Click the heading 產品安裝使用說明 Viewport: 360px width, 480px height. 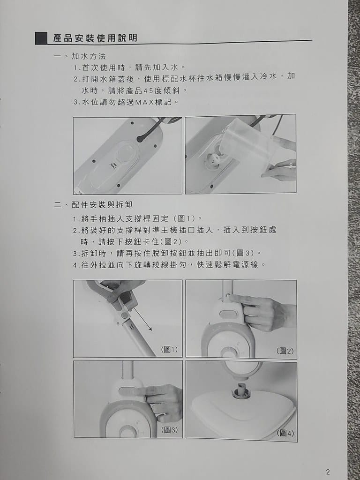95,38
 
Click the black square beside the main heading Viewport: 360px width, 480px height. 41,38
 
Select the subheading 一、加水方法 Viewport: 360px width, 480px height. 80,56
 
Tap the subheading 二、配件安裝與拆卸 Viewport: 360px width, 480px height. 93,204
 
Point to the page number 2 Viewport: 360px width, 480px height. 328,472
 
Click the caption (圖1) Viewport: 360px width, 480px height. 169,350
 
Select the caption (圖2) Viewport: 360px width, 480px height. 285,351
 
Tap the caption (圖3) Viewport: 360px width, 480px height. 169,430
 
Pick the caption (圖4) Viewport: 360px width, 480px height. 285,433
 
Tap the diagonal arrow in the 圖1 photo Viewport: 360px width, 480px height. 142,320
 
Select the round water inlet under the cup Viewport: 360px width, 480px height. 214,159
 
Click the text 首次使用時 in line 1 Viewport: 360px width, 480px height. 104,67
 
